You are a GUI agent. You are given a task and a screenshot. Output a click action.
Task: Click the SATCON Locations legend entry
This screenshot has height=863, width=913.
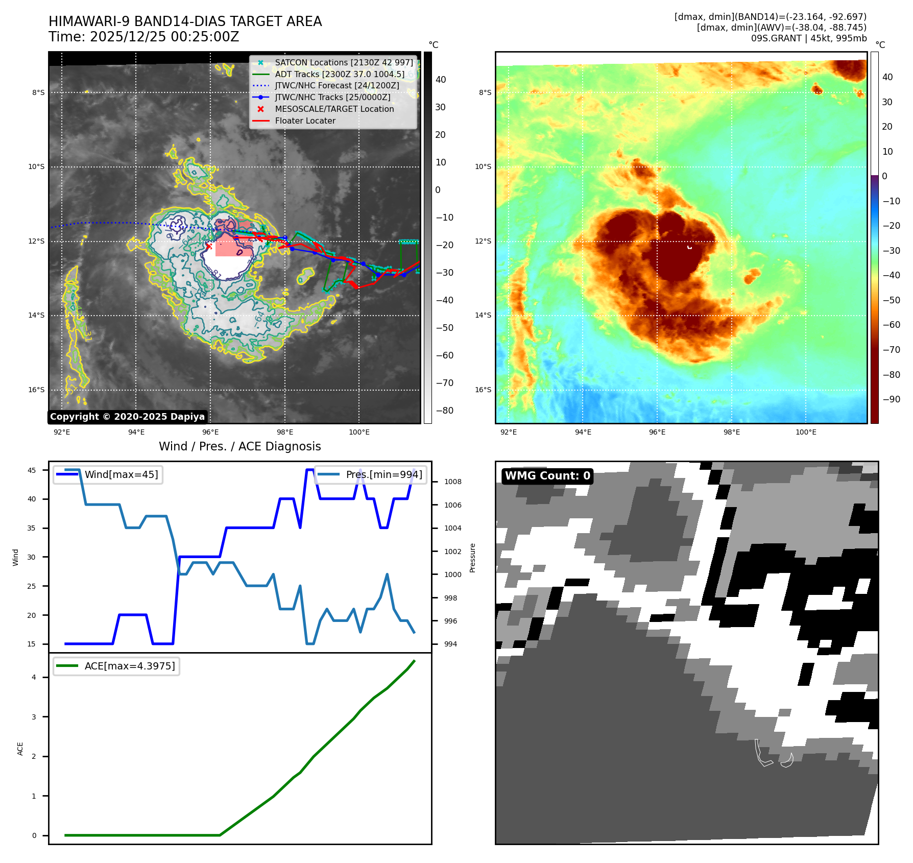(344, 63)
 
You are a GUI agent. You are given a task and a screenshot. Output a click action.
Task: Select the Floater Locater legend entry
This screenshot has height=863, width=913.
(305, 121)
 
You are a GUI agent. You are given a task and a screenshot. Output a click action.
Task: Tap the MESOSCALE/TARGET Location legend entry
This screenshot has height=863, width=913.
(334, 109)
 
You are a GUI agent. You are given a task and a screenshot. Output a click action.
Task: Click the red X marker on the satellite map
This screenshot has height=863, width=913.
(208, 247)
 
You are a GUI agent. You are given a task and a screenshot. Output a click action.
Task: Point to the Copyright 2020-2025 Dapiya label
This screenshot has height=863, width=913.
(127, 417)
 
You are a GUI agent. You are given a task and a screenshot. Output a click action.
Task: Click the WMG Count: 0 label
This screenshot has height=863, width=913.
(547, 476)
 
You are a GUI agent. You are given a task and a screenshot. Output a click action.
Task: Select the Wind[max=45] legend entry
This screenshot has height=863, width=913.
(121, 474)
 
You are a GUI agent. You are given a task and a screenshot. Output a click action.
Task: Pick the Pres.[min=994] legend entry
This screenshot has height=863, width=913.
(384, 474)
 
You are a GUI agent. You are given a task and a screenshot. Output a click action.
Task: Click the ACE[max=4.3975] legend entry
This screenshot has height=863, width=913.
(130, 666)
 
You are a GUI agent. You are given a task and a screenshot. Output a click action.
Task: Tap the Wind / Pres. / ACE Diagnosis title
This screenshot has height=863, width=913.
(240, 446)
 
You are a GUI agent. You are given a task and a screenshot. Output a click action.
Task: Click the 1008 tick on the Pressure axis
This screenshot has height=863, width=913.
(452, 482)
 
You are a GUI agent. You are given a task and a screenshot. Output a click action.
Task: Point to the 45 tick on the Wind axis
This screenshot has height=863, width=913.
(32, 470)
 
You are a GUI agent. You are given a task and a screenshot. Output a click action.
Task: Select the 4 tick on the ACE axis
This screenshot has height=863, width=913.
(34, 677)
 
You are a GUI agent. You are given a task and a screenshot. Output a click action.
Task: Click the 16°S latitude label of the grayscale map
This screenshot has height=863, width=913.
(36, 390)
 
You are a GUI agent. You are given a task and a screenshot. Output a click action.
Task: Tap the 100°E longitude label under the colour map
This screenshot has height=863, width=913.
(806, 432)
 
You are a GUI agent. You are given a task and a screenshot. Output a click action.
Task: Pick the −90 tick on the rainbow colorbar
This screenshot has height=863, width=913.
(892, 399)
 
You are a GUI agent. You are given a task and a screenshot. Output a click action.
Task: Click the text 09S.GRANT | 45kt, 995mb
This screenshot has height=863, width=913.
(808, 38)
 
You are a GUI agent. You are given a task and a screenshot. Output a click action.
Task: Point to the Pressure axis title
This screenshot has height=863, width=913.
(472, 558)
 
